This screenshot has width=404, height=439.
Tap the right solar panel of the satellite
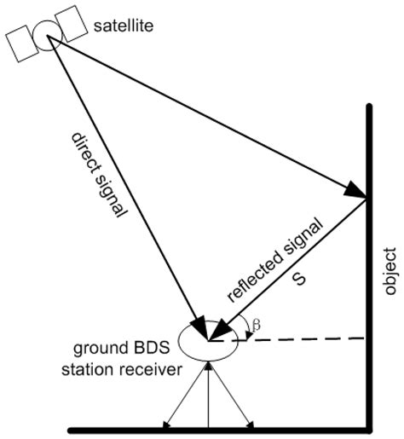[x=71, y=20]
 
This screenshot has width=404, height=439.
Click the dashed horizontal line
[x=307, y=339]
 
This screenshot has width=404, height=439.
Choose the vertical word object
[x=390, y=271]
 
